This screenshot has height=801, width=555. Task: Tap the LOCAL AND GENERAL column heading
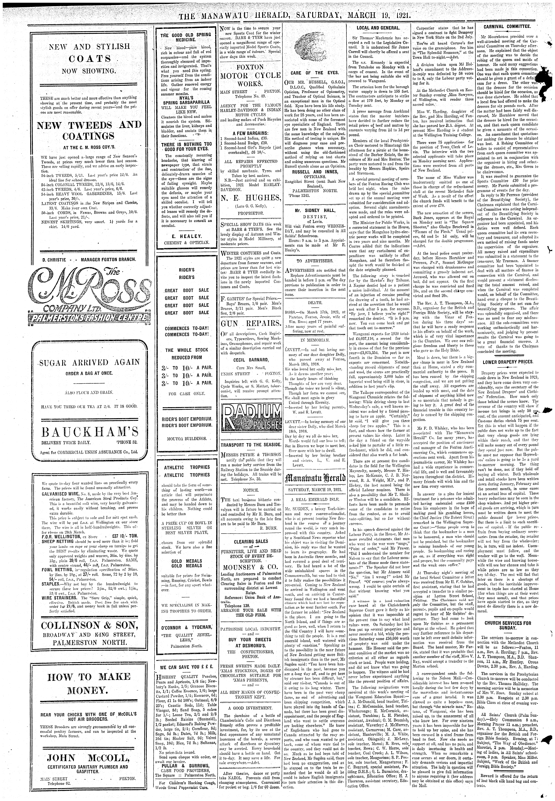coord(378,27)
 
